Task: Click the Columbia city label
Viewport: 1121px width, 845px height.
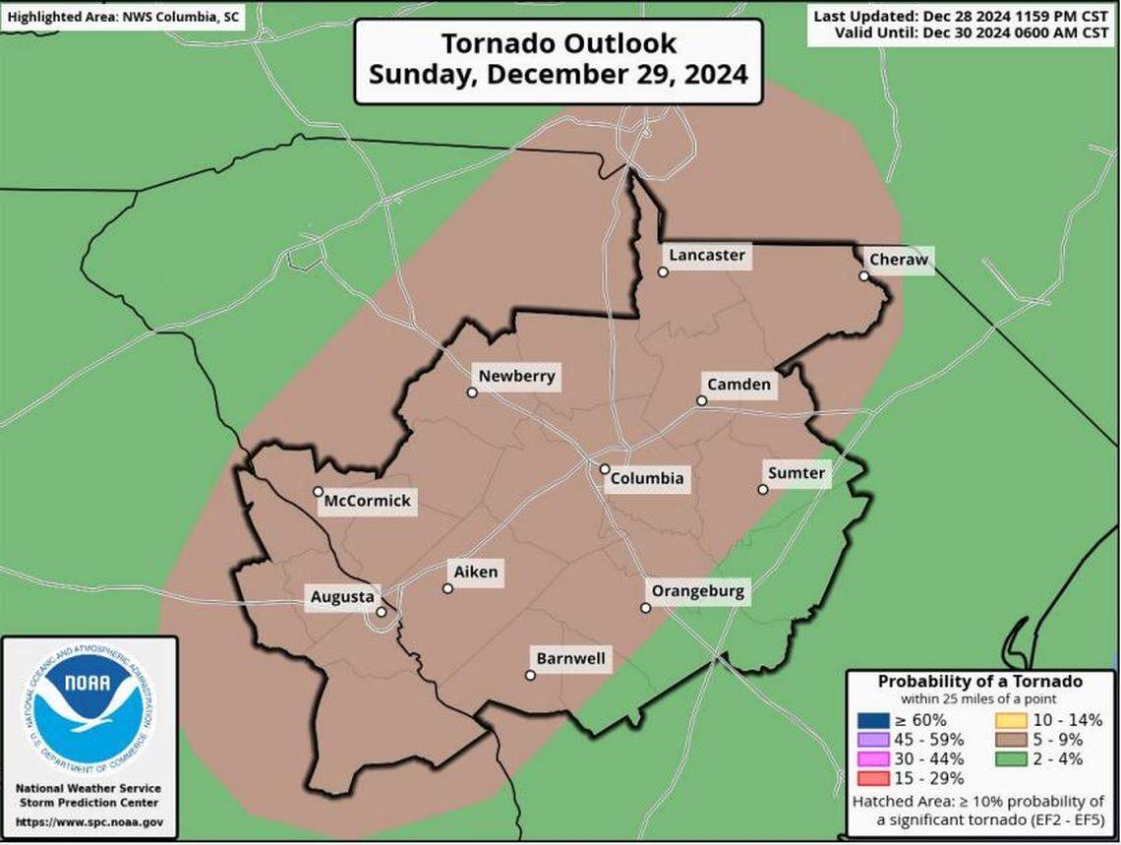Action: [646, 480]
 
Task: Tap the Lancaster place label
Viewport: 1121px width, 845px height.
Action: [706, 256]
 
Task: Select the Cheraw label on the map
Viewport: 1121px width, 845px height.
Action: [897, 260]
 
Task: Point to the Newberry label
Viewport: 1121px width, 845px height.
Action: [516, 376]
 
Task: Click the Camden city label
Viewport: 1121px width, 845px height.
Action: [738, 385]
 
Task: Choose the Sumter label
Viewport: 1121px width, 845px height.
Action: [796, 473]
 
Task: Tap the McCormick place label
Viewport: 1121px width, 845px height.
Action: [369, 501]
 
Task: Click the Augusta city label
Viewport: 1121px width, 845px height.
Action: [341, 597]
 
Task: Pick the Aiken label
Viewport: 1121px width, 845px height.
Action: [476, 572]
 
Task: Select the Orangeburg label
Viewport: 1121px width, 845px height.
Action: [698, 592]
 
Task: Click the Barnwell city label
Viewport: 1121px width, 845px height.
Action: [570, 659]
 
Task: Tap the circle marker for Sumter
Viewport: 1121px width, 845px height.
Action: [763, 489]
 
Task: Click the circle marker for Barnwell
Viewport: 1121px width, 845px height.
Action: [530, 675]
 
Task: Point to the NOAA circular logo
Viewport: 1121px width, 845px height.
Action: [88, 708]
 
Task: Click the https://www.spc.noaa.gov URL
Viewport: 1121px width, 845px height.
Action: [88, 821]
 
